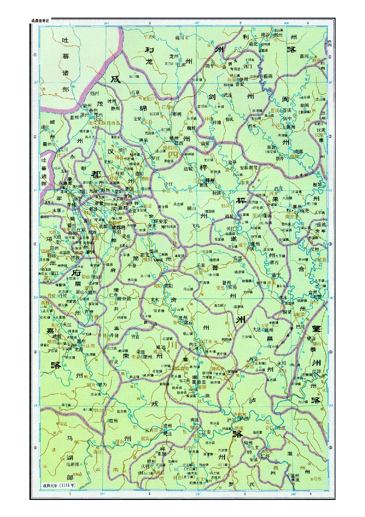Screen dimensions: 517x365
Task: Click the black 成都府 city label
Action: (x=119, y=228)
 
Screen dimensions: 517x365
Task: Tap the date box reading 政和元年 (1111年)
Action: (x=59, y=485)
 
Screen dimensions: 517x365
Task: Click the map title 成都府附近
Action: (x=40, y=21)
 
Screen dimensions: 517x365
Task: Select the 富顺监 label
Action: (x=199, y=381)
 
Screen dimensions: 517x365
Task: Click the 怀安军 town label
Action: (x=161, y=221)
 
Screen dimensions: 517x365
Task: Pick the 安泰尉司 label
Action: (x=248, y=167)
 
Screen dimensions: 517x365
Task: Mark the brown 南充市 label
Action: (x=291, y=216)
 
